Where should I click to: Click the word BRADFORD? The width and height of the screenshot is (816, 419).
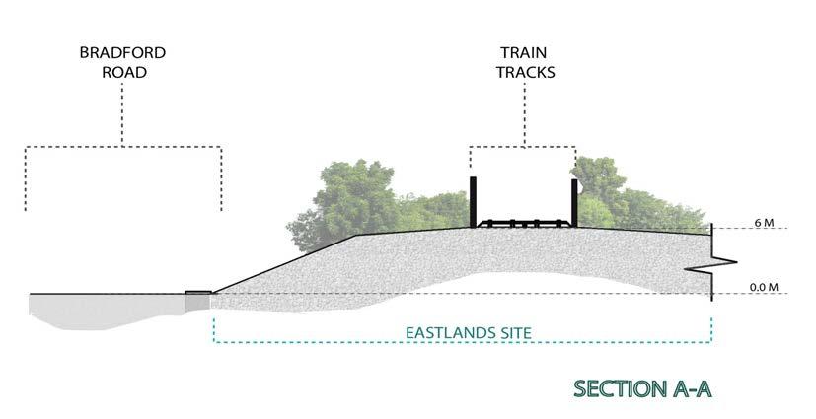click(x=122, y=52)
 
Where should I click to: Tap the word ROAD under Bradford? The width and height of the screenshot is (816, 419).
click(x=122, y=72)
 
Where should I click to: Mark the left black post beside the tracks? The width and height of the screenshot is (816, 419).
click(x=474, y=202)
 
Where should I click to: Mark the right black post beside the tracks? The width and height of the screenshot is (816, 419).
click(x=574, y=202)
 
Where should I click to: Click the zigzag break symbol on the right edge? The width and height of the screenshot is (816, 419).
click(x=724, y=262)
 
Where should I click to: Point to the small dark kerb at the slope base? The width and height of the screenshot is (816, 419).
click(x=198, y=292)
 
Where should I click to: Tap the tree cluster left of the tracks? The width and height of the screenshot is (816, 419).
click(x=365, y=202)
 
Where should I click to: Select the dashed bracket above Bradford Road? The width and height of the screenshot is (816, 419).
click(x=122, y=148)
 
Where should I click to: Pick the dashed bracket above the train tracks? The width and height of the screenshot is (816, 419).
click(x=522, y=148)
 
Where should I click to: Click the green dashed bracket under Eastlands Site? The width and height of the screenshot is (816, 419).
click(x=463, y=344)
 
